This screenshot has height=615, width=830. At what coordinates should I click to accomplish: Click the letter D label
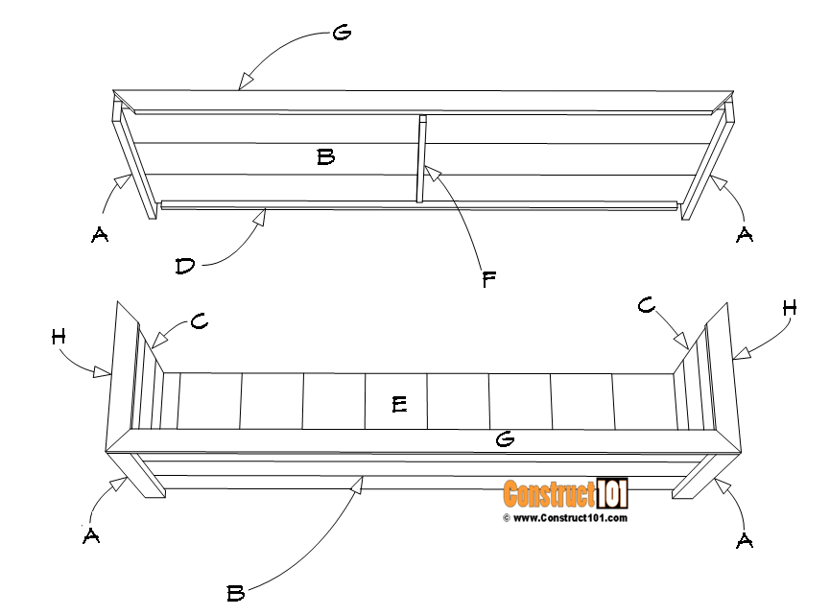186,267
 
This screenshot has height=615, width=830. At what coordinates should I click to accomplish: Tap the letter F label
489,279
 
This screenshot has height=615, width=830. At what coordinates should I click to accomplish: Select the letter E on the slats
399,405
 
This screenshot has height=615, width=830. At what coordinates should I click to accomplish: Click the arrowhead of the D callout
259,217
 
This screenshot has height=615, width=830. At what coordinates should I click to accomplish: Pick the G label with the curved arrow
341,34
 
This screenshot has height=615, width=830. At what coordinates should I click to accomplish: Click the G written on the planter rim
505,439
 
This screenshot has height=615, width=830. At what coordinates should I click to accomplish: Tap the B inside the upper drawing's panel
325,156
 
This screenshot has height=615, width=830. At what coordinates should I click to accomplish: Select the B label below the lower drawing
235,594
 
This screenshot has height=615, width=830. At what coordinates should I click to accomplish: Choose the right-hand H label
789,308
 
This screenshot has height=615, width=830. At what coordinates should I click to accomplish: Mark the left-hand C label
200,322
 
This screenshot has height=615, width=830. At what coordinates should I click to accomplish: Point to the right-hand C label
648,305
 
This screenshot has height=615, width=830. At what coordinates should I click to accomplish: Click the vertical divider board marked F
420,159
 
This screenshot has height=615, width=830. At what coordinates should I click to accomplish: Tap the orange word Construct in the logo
548,494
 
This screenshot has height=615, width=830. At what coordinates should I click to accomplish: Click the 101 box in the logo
611,493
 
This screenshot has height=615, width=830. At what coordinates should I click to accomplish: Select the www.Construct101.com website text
570,518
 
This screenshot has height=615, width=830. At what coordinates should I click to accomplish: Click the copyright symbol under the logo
506,518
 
